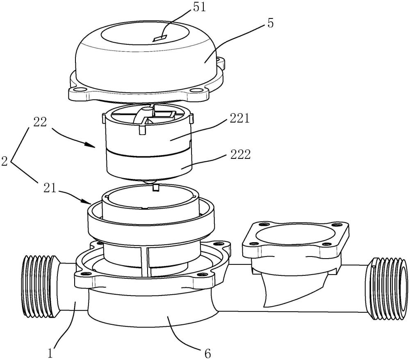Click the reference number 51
point(199,7)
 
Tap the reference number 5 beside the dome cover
point(271,23)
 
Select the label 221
point(240,119)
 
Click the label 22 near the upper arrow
point(40,122)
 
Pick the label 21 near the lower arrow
point(50,189)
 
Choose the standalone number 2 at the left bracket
point(5,161)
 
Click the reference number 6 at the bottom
point(207,354)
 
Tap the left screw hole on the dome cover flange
point(80,90)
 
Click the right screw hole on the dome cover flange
point(196,91)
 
